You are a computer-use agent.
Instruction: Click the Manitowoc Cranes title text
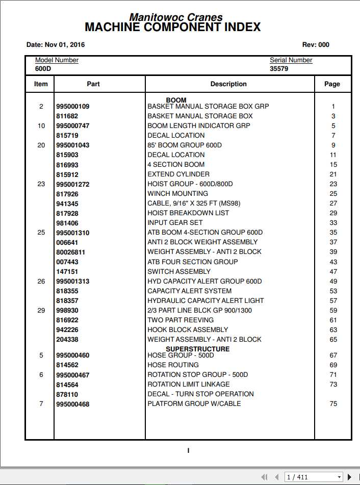point(176,17)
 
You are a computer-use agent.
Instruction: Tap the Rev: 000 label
point(316,45)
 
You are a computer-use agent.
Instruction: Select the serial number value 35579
point(279,68)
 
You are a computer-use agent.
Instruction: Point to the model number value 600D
point(42,68)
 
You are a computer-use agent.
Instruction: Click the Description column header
point(228,84)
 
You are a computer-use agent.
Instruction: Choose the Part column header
point(93,84)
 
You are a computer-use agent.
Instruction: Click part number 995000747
point(72,126)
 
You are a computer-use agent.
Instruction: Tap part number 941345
point(67,203)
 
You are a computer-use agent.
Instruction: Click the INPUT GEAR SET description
point(175,222)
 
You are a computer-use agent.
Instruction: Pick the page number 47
point(333,272)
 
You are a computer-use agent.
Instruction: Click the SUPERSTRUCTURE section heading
point(197,349)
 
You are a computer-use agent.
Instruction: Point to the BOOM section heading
point(176,100)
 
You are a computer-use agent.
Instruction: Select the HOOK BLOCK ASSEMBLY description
point(188,329)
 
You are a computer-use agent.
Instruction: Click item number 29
point(41,311)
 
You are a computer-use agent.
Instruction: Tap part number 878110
point(67,394)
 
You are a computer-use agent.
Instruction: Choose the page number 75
point(333,404)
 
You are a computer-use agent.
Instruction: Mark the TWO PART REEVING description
point(181,320)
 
